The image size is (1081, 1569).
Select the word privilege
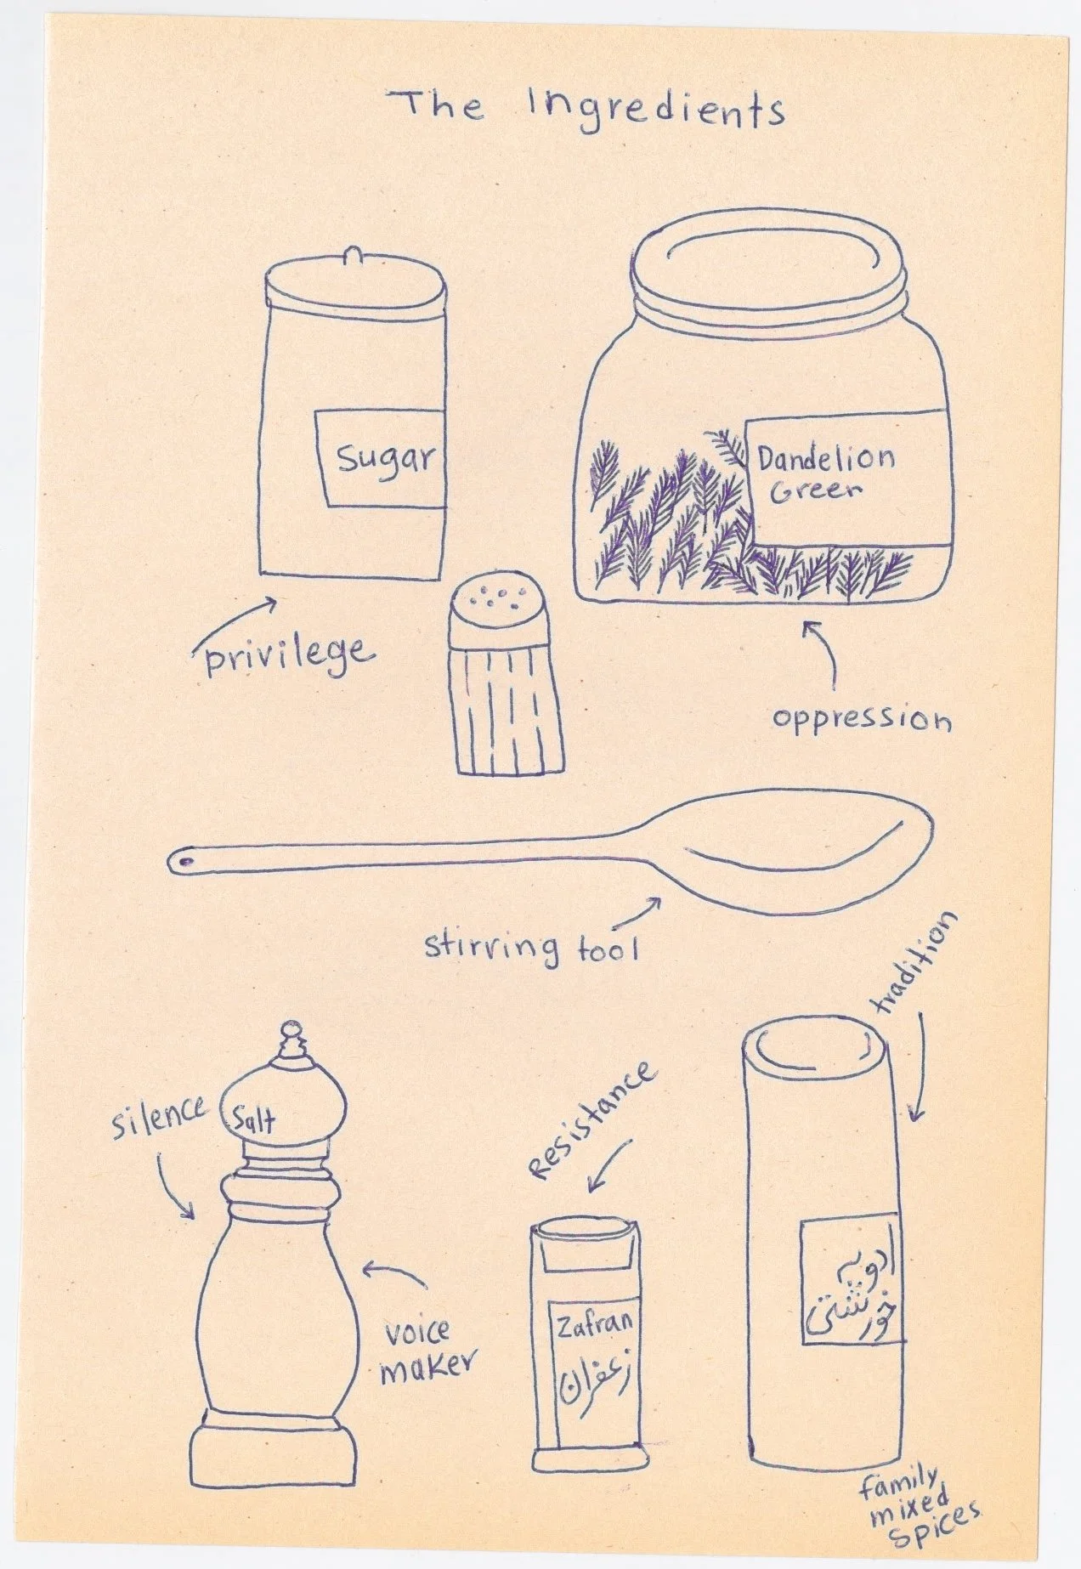click(286, 655)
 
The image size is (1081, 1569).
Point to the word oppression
click(861, 719)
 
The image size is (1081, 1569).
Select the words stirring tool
click(531, 945)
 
